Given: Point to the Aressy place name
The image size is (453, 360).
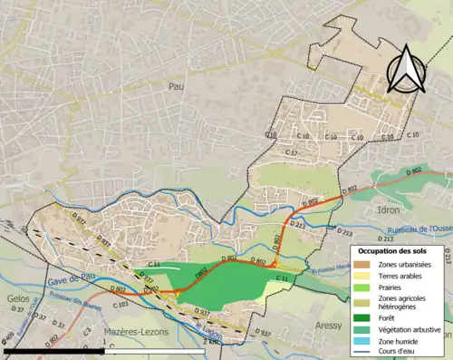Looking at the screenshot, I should coord(330,324).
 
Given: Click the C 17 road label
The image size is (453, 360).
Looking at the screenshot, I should coord(291,153).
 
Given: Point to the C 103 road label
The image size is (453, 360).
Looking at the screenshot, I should coord(120,305).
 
